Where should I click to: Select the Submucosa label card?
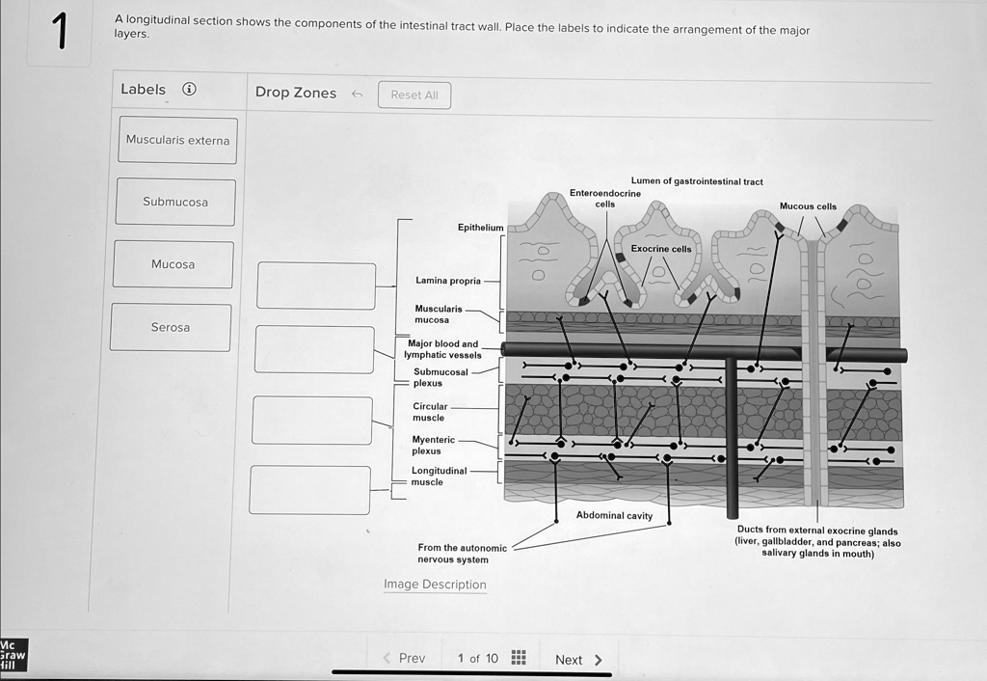coord(175,203)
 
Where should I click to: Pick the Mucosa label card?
coord(173,264)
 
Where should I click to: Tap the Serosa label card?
coord(171,328)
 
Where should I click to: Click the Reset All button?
coord(414,95)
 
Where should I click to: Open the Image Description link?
coord(435,585)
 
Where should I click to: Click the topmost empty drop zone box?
coord(316,286)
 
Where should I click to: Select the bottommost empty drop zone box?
coord(309,490)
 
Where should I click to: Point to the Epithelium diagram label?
coord(480,228)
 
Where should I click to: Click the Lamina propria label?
coord(447,281)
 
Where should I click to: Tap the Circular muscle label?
coord(429,412)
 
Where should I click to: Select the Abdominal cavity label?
coord(614,515)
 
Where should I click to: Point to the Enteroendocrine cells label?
coord(604,199)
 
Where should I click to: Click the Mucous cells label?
coord(808,206)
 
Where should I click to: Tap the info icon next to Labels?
coord(190,90)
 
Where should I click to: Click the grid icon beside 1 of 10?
coord(519,658)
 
